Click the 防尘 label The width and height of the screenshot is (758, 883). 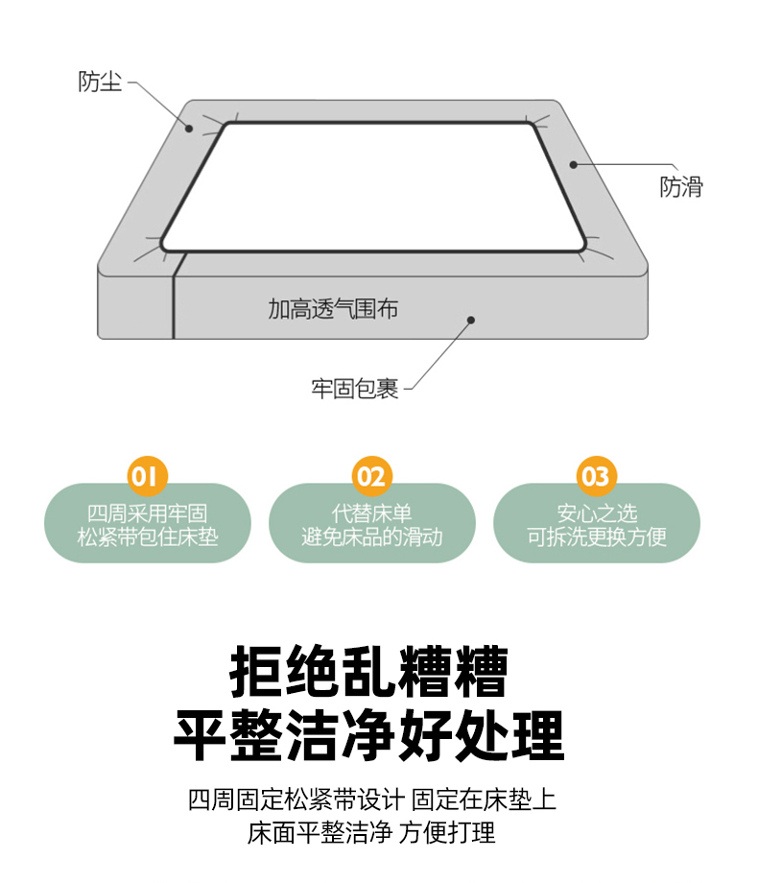[100, 82]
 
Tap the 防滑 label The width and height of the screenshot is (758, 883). [681, 187]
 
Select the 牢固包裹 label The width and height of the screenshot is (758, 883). [355, 389]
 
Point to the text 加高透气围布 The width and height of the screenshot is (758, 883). [333, 309]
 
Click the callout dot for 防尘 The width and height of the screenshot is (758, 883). [190, 129]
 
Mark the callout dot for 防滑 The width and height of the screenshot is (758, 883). [573, 164]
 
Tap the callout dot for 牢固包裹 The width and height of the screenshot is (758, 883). [471, 320]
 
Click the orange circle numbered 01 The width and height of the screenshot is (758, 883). [148, 476]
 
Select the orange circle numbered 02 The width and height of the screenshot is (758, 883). [371, 476]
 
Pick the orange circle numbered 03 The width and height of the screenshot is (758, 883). [597, 476]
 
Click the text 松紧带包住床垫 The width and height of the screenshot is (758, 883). [148, 537]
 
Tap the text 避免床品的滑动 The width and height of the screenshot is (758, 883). [371, 537]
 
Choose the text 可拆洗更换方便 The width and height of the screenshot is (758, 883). [597, 537]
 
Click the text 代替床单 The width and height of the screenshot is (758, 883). [371, 513]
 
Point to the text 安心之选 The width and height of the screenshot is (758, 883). [597, 513]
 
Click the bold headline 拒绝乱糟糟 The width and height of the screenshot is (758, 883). [368, 671]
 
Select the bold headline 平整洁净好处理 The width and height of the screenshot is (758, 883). [368, 735]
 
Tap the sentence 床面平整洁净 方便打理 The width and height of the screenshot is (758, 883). [371, 832]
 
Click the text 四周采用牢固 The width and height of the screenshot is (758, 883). [148, 513]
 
